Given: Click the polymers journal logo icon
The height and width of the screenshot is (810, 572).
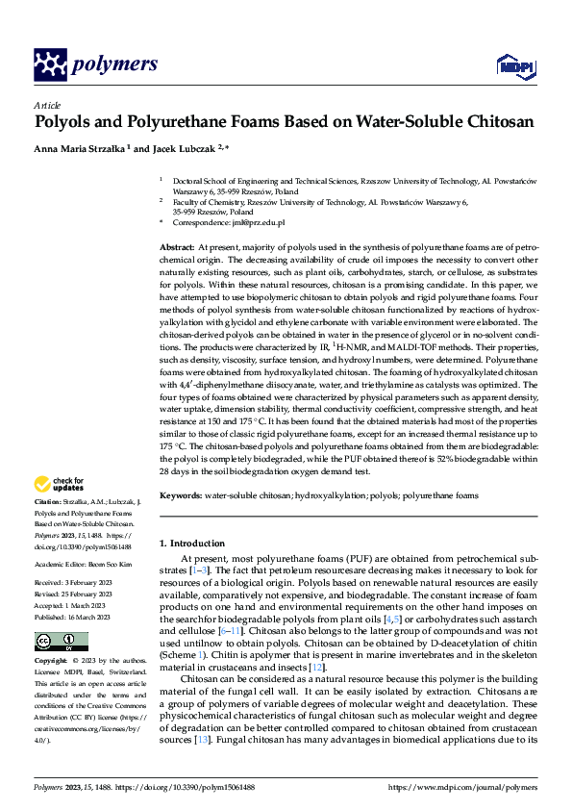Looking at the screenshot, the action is [x=49, y=64].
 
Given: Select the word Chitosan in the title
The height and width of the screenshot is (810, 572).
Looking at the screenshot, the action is [x=491, y=122].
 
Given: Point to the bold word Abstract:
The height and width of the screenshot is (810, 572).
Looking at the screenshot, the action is [x=178, y=248].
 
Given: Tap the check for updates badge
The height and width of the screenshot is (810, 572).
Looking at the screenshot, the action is [x=61, y=483].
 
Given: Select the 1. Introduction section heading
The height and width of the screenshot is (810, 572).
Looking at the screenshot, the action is [x=192, y=544].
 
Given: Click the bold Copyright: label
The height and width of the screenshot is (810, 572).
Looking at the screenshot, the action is [x=52, y=663].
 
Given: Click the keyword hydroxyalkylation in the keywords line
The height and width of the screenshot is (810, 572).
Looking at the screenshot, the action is [x=320, y=495].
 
